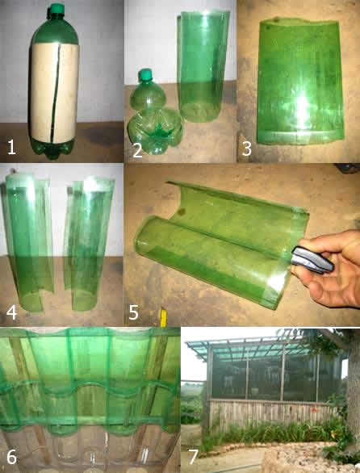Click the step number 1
click(11, 148)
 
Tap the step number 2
click(137, 150)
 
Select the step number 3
click(246, 149)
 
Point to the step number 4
click(11, 312)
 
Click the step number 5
click(134, 312)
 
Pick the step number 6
click(11, 458)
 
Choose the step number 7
click(194, 458)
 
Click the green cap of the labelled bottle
click(57, 9)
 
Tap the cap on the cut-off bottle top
click(146, 75)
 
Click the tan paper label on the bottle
click(54, 92)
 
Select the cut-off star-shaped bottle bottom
click(156, 132)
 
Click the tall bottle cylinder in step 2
click(203, 66)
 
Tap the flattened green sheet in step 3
click(299, 81)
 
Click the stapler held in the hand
click(312, 260)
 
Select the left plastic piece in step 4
click(29, 243)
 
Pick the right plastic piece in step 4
click(89, 245)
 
